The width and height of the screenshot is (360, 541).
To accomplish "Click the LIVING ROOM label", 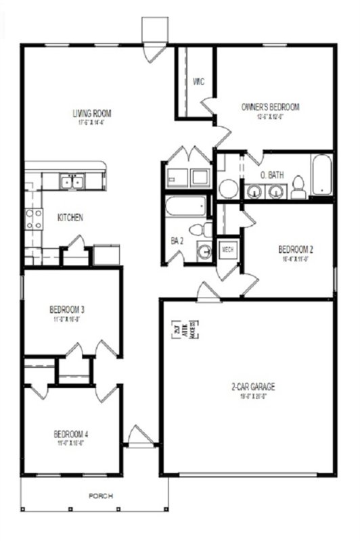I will tap(92, 113).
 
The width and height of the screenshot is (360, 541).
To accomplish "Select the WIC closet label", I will tap(198, 82).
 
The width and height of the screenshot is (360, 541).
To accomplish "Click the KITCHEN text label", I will tap(70, 218).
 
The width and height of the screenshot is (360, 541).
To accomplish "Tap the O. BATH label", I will tap(272, 175).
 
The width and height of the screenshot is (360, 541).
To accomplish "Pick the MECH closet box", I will tap(228, 250).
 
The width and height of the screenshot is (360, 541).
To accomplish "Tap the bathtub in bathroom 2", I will tap(185, 206).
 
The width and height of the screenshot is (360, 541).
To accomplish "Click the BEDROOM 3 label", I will tap(66, 310).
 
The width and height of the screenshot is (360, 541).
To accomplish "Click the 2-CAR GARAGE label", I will tap(252, 387).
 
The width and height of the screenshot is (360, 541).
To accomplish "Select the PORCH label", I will tap(101, 496).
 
